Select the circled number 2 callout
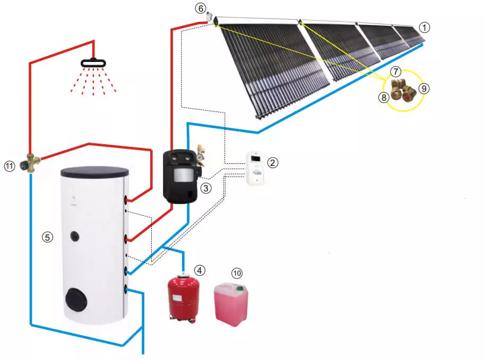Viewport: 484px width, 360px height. coord(272,163)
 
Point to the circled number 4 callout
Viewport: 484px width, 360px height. coord(200,270)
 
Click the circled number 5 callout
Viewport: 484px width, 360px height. coord(48,238)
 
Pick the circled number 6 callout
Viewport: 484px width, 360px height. coord(200,8)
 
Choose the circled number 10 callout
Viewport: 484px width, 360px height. coord(237,273)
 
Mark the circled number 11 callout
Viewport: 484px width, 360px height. coord(9,166)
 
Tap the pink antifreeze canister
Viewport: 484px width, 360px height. coord(231,305)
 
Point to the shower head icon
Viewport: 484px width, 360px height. coord(93,63)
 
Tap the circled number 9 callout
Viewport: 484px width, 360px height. coord(423,89)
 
